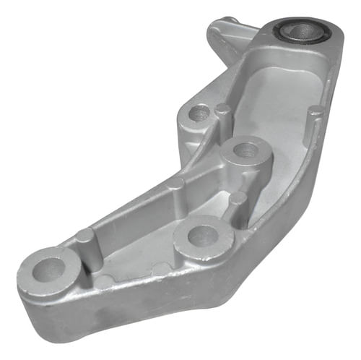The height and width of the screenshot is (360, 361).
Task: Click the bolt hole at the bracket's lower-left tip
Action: click(48, 270)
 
